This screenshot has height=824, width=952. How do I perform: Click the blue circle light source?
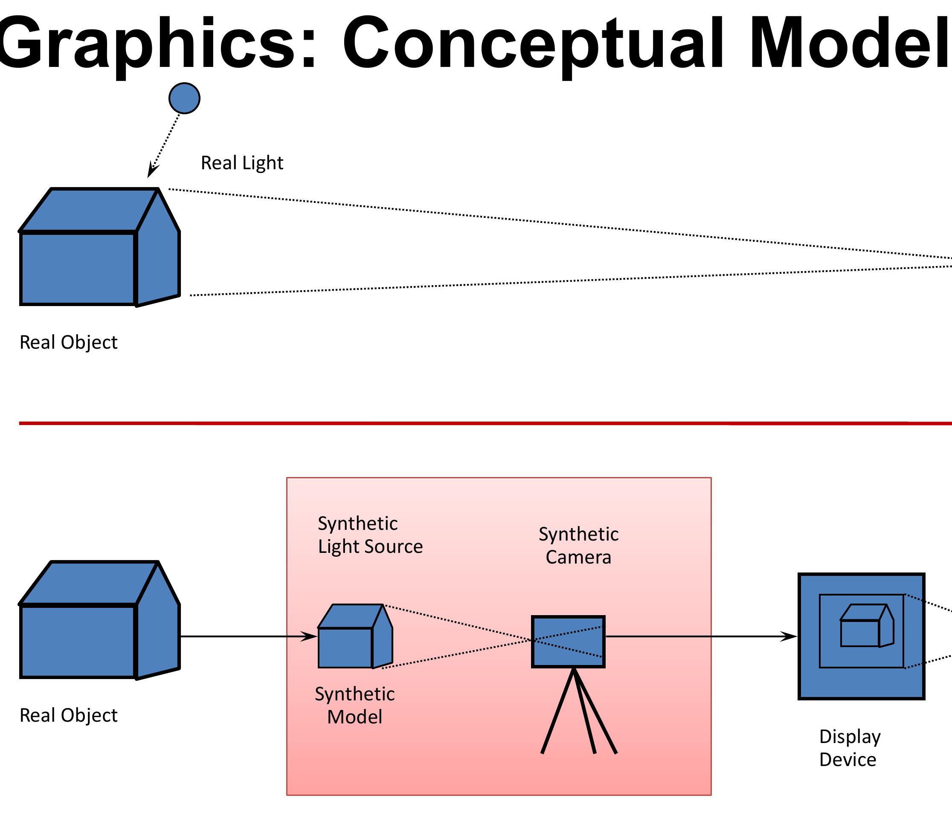pyautogui.click(x=184, y=98)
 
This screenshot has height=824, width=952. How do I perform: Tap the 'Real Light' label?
pyautogui.click(x=242, y=163)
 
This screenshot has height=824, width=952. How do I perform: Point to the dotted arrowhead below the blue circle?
pyautogui.click(x=152, y=170)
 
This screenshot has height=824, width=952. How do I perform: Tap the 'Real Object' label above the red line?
pyautogui.click(x=69, y=343)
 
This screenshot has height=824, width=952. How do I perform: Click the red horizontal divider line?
pyautogui.click(x=460, y=423)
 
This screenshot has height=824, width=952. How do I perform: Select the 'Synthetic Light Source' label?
pyautogui.click(x=370, y=535)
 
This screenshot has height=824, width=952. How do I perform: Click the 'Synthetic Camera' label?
pyautogui.click(x=578, y=545)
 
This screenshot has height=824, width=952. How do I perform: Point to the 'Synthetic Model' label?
pyautogui.click(x=354, y=705)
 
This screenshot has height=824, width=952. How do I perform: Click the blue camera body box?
pyautogui.click(x=568, y=642)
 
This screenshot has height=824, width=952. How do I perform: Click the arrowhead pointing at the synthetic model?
pyautogui.click(x=309, y=637)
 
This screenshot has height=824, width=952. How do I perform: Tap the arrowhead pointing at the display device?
pyautogui.click(x=789, y=637)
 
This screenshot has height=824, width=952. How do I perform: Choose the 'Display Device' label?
pyautogui.click(x=849, y=748)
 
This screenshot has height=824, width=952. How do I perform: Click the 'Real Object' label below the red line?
pyautogui.click(x=69, y=715)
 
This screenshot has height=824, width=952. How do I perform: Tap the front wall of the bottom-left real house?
pyautogui.click(x=78, y=642)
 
